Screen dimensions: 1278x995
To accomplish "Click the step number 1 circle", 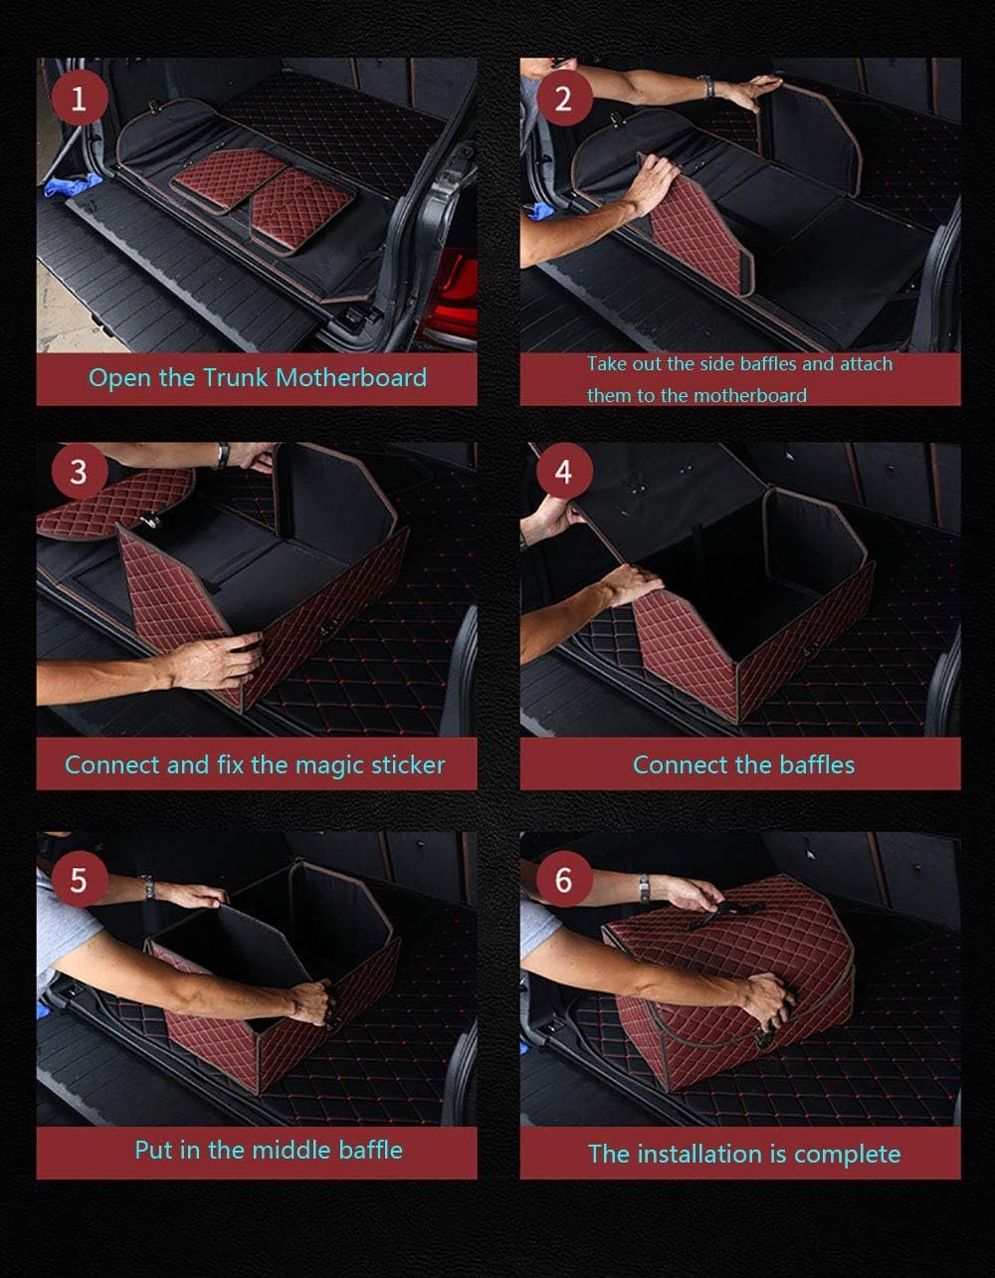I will pyautogui.click(x=79, y=99).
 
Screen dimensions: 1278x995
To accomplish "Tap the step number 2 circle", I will pyautogui.click(x=563, y=99).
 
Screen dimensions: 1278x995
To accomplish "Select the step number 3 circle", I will pyautogui.click(x=79, y=472).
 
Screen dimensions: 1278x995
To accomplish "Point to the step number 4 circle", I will pyautogui.click(x=563, y=472).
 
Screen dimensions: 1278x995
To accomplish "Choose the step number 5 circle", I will pyautogui.click(x=79, y=880).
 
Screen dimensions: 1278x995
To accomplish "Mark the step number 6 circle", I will pyautogui.click(x=563, y=880).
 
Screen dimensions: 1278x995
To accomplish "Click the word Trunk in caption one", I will pyautogui.click(x=236, y=378).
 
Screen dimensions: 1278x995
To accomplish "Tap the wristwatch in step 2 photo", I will pyautogui.click(x=706, y=86).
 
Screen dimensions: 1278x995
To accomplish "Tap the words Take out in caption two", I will pyautogui.click(x=623, y=364).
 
